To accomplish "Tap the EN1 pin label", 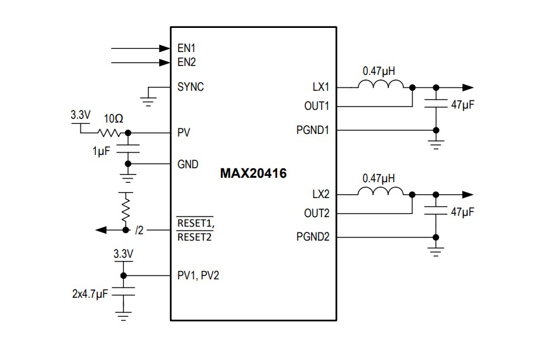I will point(187,48).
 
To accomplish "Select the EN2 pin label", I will point(187,62).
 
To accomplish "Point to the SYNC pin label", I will point(190,87).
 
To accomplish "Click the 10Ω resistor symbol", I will point(109,133).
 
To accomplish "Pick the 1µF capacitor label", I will point(100,153).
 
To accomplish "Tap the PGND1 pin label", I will point(313,130).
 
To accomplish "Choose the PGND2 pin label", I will point(313,237).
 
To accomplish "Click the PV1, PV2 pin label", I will point(199,276).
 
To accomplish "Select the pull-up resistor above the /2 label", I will point(126,206).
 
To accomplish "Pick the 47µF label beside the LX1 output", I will point(462,105).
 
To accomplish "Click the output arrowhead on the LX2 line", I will point(468,194).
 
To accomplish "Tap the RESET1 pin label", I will point(195,223).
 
